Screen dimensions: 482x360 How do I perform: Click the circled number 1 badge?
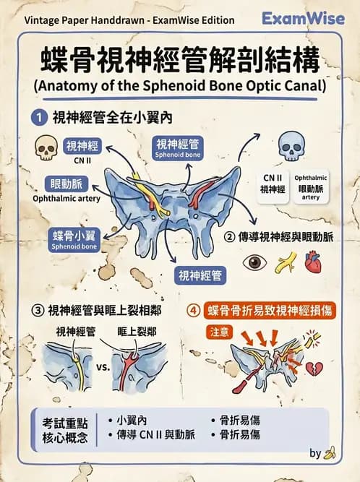(40, 116)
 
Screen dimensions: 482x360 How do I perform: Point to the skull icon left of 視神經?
(46, 150)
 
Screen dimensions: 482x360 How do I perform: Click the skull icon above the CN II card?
(291, 149)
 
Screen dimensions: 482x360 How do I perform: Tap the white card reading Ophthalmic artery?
(311, 186)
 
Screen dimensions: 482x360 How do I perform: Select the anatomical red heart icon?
(312, 261)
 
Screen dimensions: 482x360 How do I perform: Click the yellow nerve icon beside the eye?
(284, 262)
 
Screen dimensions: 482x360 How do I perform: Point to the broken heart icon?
(313, 369)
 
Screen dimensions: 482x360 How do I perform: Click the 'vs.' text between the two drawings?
(103, 366)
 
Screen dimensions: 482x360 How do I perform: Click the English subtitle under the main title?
(180, 85)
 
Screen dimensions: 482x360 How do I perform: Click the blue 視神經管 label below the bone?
(200, 275)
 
